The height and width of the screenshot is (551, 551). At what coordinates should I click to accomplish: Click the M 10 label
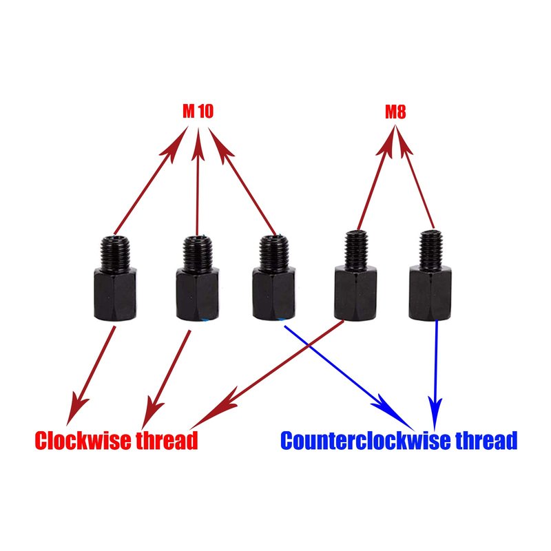pos(198,112)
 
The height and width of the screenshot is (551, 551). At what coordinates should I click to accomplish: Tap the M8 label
pos(395,112)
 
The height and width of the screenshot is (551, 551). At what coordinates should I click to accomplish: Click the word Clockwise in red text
pos(83,440)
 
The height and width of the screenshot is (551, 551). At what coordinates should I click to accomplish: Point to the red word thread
pos(167,440)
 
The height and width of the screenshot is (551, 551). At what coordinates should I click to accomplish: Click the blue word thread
pos(487,440)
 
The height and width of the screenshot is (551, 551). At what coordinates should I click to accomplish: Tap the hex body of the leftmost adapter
pos(115,294)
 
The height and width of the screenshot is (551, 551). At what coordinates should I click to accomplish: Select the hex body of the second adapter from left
pos(197,294)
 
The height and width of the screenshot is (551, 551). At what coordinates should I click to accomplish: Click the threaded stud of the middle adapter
pos(273,253)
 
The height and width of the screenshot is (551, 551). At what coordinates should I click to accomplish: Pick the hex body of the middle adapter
pos(273,293)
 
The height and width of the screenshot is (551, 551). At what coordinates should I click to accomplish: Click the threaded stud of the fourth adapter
pos(356,249)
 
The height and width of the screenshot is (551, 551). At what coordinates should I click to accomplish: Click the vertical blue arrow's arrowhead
pos(435,414)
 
